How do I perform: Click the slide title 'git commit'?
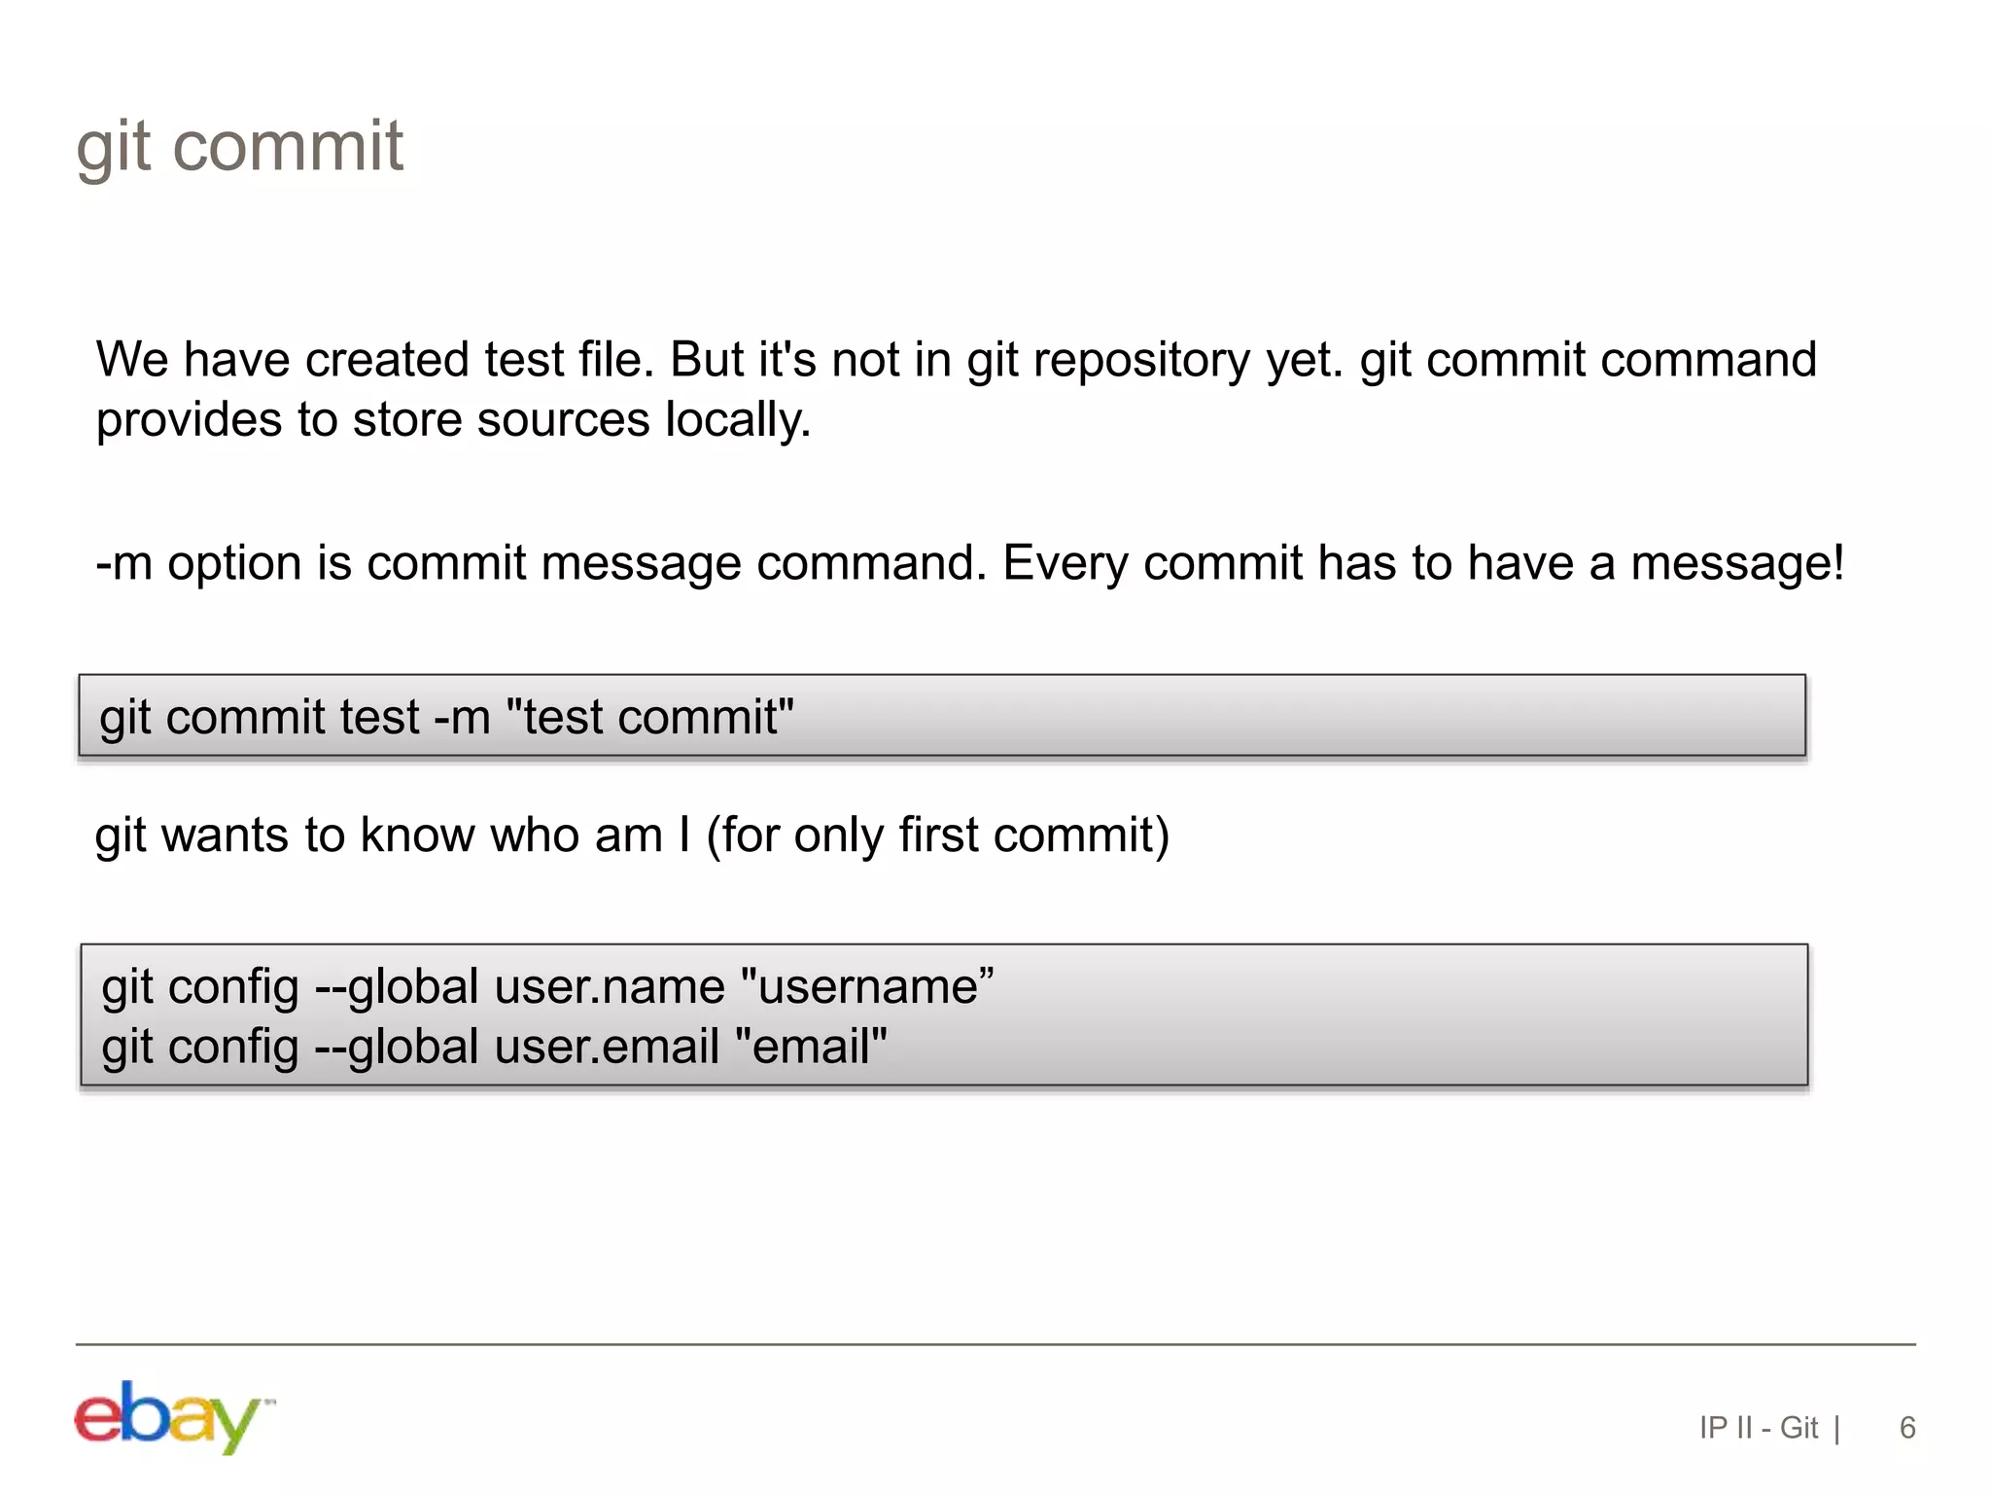[239, 148]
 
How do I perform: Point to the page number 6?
[1906, 1427]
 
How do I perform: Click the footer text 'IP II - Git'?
[1758, 1427]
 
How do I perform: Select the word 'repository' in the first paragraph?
[1141, 362]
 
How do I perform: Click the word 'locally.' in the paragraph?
[738, 421]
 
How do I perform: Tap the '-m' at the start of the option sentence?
[124, 563]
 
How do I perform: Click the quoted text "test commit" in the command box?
[650, 718]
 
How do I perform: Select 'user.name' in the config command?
[610, 987]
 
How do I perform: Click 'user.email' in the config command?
[607, 1048]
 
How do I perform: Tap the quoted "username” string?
[867, 987]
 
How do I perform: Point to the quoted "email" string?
[812, 1048]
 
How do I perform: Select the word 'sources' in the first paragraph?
[563, 421]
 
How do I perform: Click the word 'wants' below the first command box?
[225, 836]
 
